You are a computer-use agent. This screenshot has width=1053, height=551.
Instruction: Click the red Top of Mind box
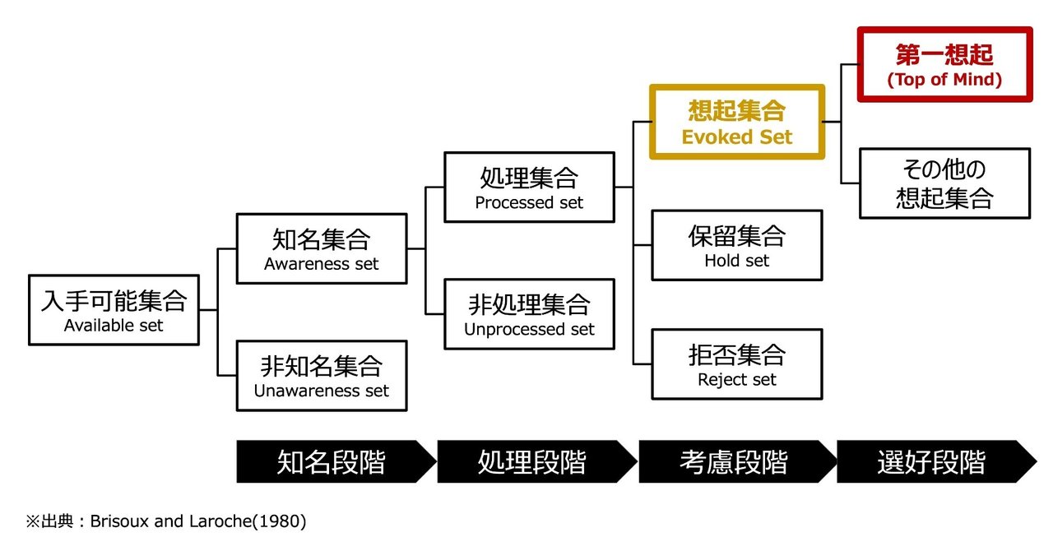tap(944, 64)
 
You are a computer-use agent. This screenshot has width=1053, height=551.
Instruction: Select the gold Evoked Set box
tap(736, 122)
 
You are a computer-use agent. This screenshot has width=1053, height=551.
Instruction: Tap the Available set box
tap(114, 310)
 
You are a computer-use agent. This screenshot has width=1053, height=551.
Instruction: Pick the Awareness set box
tap(322, 248)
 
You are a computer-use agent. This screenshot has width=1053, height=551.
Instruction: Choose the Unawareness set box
tap(322, 376)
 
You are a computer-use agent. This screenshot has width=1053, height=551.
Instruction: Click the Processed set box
tap(529, 188)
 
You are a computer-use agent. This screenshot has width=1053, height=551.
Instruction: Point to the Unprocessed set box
tap(529, 314)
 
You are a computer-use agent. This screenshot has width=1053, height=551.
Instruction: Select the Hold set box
tap(736, 245)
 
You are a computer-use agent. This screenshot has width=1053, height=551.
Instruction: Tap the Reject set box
tap(736, 364)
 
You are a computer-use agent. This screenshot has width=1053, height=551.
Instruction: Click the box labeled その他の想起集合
tap(945, 183)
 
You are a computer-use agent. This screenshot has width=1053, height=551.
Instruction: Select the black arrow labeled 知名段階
tap(336, 461)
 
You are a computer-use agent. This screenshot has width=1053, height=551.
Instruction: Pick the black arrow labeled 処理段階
tap(537, 461)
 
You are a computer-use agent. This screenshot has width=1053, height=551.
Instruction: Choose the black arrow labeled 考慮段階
tap(738, 461)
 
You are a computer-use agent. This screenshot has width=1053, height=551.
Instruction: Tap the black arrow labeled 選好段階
tap(936, 461)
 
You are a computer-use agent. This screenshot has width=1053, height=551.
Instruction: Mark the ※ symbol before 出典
tap(33, 521)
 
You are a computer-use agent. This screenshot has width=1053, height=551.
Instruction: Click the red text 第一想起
tap(944, 54)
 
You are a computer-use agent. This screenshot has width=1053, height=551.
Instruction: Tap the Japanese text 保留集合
tap(736, 236)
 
